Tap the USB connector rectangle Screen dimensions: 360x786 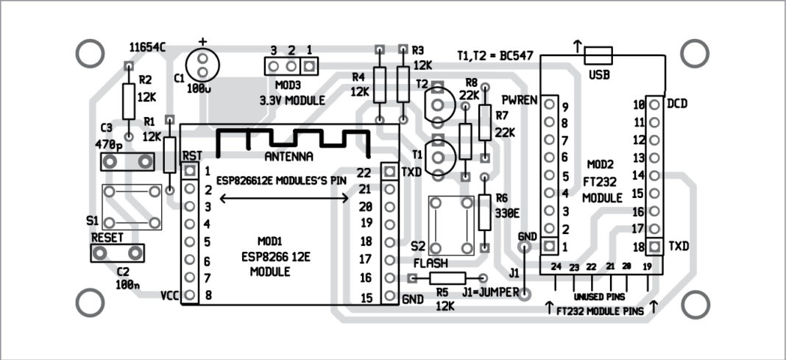coord(597,55)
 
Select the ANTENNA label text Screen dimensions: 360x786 coord(288,157)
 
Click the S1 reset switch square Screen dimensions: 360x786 coord(132,207)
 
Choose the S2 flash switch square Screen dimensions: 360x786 coord(452,224)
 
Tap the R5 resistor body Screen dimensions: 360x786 coord(447,278)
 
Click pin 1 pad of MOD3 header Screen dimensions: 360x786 coord(310,66)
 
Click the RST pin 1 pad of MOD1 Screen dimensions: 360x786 coord(190,172)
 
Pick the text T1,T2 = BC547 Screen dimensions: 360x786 coord(495,56)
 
